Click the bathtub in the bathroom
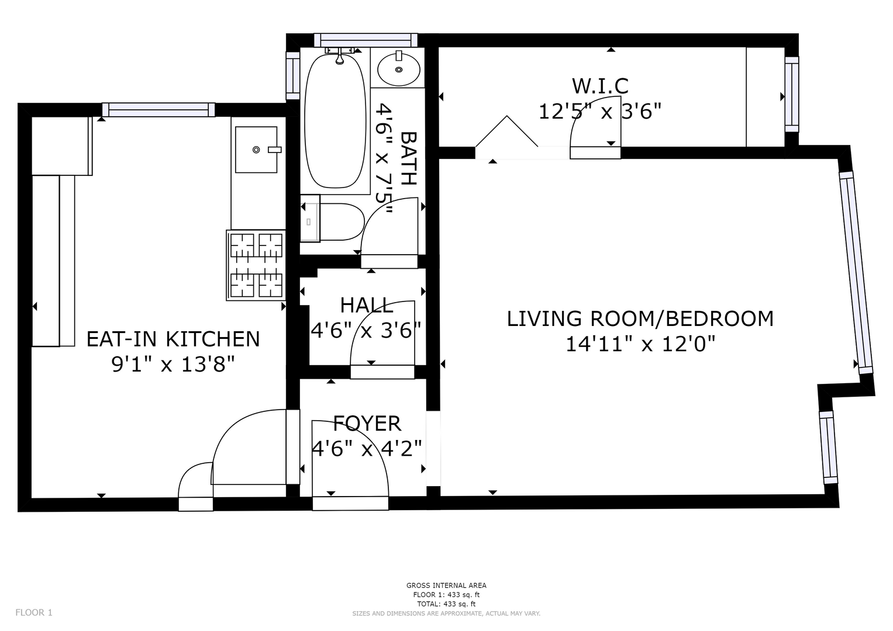pos(335,121)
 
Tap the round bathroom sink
pos(399,69)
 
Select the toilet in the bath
pos(332,221)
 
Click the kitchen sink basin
pos(256,150)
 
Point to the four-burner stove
pos(256,265)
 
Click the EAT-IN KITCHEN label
pos(173,339)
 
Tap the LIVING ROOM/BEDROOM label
pos(640,318)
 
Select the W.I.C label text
pos(601,86)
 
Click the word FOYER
pos(367,424)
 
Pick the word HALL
pos(367,306)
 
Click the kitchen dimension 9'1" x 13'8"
pos(173,364)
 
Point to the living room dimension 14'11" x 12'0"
pos(640,344)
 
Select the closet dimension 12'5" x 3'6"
pos(600,112)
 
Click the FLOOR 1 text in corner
pos(34,613)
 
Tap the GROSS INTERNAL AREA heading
pos(446,585)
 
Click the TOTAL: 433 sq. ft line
pos(446,604)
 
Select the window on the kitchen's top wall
pos(158,110)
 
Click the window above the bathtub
pos(366,40)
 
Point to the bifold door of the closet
pos(506,131)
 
